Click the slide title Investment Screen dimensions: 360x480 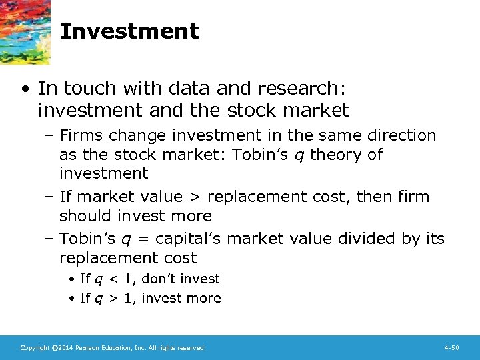(x=129, y=31)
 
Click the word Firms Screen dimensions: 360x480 (x=81, y=135)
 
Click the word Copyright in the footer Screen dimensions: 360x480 (x=35, y=348)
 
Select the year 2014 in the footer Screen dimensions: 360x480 (x=62, y=348)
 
